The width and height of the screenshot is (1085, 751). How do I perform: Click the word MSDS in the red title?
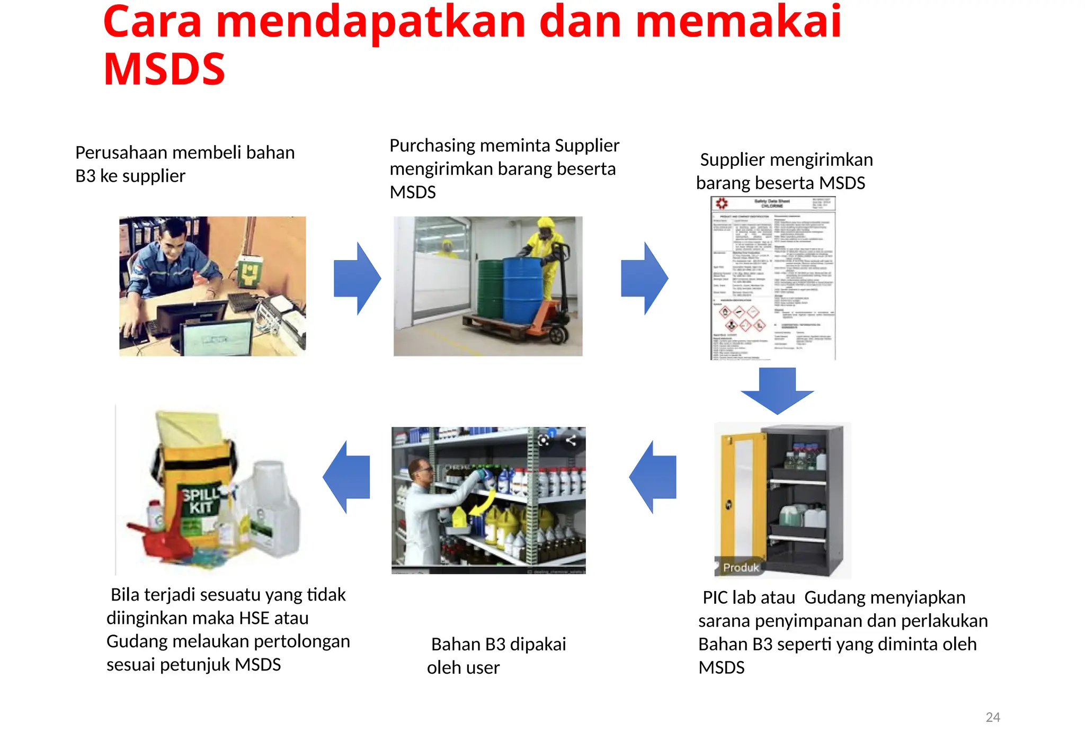click(164, 69)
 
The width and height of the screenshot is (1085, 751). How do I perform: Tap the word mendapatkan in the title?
click(371, 22)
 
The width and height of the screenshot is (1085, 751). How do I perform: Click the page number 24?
click(992, 717)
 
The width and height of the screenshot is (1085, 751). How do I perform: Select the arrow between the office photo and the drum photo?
click(358, 279)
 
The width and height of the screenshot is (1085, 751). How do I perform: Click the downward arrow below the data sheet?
click(777, 391)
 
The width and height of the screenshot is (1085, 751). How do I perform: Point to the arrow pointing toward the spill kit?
click(346, 477)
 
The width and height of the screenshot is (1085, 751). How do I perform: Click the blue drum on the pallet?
click(522, 290)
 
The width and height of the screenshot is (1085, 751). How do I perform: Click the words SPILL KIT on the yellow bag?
click(200, 501)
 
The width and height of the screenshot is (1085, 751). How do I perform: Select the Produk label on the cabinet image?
click(741, 567)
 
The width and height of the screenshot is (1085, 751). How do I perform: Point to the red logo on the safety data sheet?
click(722, 203)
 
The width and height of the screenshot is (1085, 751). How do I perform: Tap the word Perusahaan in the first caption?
click(121, 153)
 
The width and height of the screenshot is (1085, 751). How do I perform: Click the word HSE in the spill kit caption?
click(254, 618)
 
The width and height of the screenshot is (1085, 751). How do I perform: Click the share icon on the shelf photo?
click(571, 440)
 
